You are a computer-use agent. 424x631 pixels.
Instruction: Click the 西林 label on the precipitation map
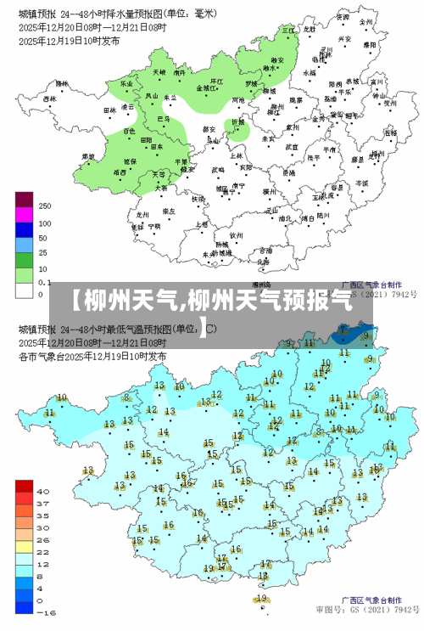click(50, 99)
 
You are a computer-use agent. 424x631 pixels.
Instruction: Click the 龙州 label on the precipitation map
click(143, 216)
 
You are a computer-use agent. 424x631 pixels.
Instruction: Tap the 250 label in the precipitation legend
click(45, 206)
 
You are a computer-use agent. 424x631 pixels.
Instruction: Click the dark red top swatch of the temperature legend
click(24, 486)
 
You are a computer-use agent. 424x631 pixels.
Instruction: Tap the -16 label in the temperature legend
click(46, 612)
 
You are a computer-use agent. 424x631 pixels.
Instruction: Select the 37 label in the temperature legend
click(43, 504)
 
